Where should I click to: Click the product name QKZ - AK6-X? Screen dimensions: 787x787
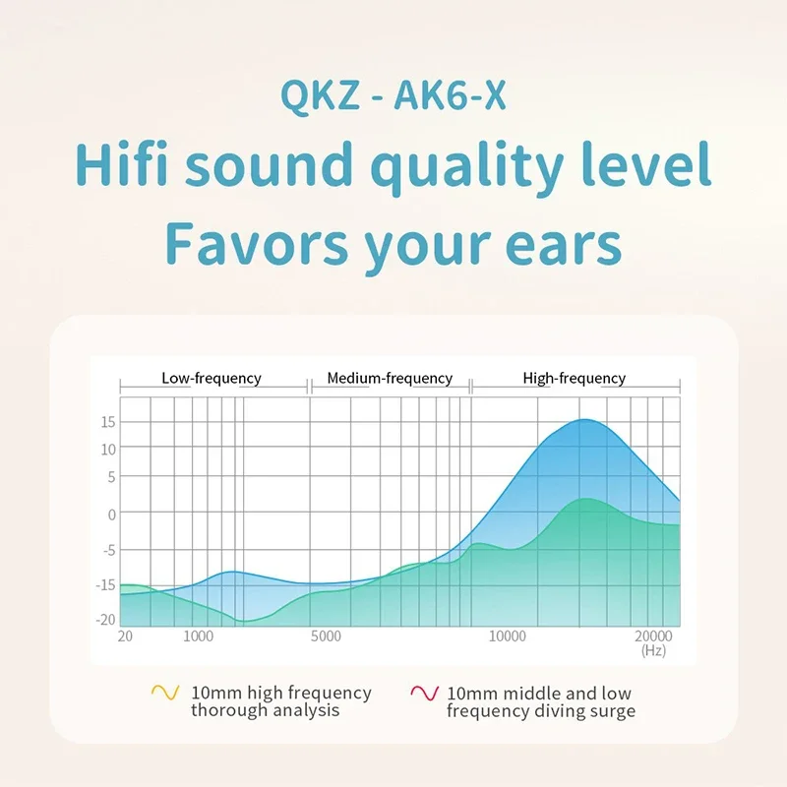[393, 95]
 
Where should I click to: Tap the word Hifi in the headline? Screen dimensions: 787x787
[121, 163]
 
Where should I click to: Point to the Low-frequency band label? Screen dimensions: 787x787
[212, 379]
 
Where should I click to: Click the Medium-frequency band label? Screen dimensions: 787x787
[390, 379]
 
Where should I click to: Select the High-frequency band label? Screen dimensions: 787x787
[575, 379]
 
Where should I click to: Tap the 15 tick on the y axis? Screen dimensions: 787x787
[108, 422]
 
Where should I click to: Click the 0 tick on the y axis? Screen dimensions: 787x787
[111, 515]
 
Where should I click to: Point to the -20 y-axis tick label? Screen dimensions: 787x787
[105, 620]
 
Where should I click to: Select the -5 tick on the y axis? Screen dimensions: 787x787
[109, 551]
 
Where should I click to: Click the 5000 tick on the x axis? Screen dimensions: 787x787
[326, 636]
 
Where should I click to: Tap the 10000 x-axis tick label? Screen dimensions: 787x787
[508, 636]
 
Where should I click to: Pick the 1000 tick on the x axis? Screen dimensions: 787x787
[199, 636]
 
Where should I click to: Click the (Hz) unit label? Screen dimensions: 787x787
[653, 650]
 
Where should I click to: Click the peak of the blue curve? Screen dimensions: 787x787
[584, 420]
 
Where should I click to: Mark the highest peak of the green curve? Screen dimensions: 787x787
[586, 499]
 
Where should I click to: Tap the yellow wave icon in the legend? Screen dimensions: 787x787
[165, 693]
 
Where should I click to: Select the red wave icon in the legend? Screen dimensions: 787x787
[425, 693]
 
